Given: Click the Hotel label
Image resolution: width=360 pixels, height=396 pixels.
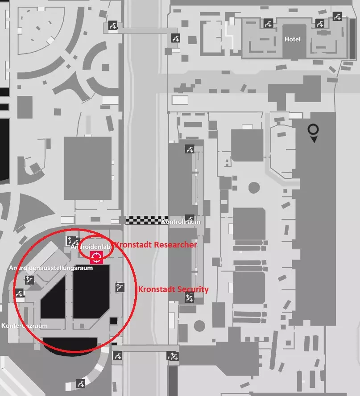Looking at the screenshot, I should (293, 39).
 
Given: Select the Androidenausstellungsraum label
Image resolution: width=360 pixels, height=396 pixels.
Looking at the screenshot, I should (51, 268).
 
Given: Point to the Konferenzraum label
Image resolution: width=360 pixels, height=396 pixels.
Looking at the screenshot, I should (25, 326).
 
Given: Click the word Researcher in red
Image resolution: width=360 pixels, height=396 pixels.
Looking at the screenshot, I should (174, 244).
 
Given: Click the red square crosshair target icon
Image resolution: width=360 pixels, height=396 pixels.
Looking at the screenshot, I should (96, 257).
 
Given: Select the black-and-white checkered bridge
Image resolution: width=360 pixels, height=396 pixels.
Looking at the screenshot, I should (147, 220).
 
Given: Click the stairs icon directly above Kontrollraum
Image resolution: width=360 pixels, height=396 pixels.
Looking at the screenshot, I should (190, 218).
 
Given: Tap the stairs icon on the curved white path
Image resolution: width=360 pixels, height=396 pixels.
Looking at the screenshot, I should (81, 383).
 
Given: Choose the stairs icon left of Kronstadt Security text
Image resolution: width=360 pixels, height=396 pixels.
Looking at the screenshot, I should (119, 287).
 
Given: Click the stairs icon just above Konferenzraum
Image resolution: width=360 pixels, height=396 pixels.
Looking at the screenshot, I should (19, 293).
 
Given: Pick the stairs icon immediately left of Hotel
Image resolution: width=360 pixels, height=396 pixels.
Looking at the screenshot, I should (268, 23).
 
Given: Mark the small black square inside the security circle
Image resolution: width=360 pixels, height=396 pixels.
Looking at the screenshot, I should (114, 320).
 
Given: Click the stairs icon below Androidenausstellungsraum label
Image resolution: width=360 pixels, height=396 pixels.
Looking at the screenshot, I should (29, 280).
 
